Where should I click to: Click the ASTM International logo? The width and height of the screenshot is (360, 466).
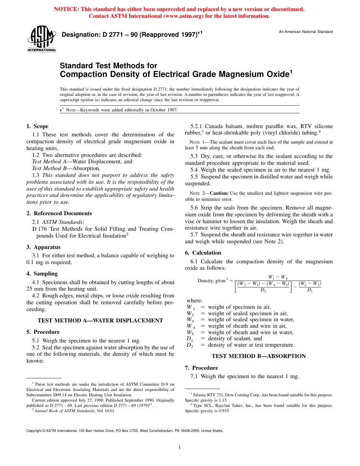pyautogui.click(x=41, y=39)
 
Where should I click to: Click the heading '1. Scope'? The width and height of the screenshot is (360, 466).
pyautogui.click(x=37, y=126)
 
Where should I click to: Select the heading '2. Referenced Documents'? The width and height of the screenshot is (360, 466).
pyautogui.click(x=59, y=213)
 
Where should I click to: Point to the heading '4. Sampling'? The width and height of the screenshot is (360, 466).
pyautogui.click(x=42, y=274)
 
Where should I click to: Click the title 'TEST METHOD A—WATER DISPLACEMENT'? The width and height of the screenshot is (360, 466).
pyautogui.click(x=100, y=321)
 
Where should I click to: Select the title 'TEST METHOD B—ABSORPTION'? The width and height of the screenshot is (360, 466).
pyautogui.click(x=258, y=356)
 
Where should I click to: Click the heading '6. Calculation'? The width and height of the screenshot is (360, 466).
pyautogui.click(x=203, y=253)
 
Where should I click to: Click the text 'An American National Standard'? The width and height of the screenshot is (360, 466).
pyautogui.click(x=305, y=32)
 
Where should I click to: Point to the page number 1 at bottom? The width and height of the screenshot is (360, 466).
pyautogui.click(x=180, y=447)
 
